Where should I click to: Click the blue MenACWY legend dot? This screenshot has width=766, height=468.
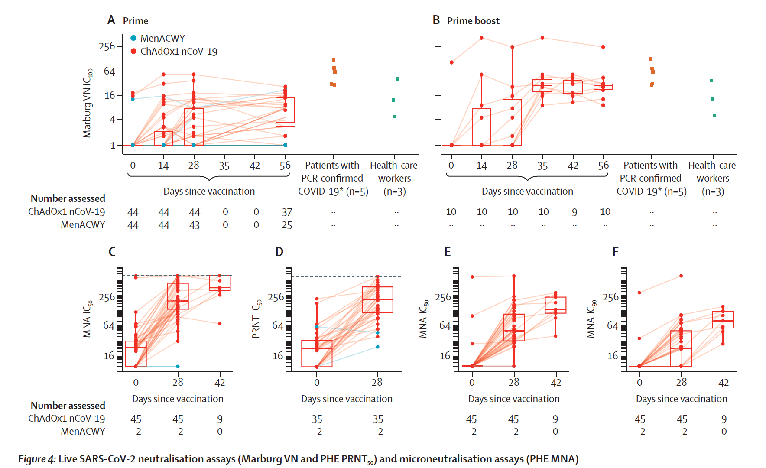133,38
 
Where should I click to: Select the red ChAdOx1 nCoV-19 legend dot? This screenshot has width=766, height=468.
133,51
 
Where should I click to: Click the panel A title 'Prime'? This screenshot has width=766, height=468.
135,21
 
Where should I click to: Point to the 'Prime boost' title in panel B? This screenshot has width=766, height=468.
473,21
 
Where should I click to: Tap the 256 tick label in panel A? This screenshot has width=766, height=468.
107,46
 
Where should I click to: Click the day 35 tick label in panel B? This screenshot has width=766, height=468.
542,166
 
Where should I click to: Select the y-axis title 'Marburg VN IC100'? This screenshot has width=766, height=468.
88,103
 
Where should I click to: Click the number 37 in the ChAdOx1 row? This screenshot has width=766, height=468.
287,212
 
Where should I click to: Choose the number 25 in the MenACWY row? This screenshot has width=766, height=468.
287,225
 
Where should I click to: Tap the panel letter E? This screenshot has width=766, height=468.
448,252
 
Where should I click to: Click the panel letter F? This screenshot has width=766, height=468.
615,252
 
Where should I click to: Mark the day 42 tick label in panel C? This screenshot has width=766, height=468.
220,383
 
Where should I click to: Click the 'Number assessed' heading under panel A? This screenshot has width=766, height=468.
68,198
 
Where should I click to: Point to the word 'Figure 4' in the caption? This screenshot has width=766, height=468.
37,459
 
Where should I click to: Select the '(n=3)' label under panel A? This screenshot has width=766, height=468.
394,192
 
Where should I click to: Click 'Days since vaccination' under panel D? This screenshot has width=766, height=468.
347,399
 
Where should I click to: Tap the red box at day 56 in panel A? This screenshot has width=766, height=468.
285,110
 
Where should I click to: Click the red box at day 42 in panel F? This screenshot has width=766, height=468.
723,319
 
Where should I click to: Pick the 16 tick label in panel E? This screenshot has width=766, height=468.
445,356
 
